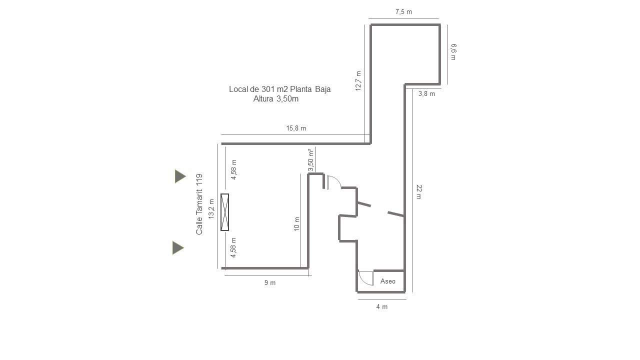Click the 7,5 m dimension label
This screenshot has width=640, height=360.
pyautogui.click(x=403, y=11)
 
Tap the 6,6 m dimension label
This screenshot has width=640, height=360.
pyautogui.click(x=453, y=51)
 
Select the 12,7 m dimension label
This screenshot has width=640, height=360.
pyautogui.click(x=358, y=81)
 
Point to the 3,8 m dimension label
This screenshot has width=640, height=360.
pyautogui.click(x=426, y=93)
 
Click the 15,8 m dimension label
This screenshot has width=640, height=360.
pyautogui.click(x=296, y=128)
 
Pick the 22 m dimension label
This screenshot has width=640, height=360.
pyautogui.click(x=419, y=191)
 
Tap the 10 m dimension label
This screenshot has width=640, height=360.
pyautogui.click(x=297, y=223)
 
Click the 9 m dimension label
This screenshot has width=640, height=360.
pyautogui.click(x=269, y=282)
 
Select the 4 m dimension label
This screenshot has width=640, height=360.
pyautogui.click(x=381, y=306)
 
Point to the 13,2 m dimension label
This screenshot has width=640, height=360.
pyautogui.click(x=211, y=209)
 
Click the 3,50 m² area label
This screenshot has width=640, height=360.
pyautogui.click(x=311, y=160)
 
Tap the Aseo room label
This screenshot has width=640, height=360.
pyautogui.click(x=387, y=281)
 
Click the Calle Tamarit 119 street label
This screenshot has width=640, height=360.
pyautogui.click(x=199, y=204)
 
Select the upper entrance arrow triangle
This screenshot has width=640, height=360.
pyautogui.click(x=180, y=176)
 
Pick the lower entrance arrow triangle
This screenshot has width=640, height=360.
pyautogui.click(x=178, y=247)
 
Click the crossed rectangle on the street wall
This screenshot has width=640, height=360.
pyautogui.click(x=225, y=212)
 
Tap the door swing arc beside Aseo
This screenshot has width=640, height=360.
pyautogui.click(x=363, y=281)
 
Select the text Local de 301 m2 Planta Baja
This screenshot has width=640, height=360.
pyautogui.click(x=279, y=89)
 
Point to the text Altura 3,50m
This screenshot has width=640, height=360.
pyautogui.click(x=275, y=99)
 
